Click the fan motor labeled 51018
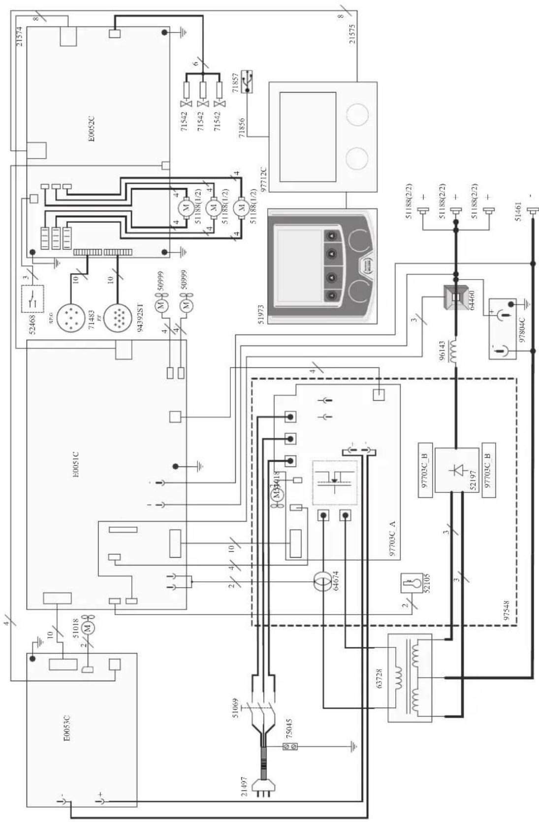(x=88, y=627)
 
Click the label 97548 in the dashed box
(x=507, y=608)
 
